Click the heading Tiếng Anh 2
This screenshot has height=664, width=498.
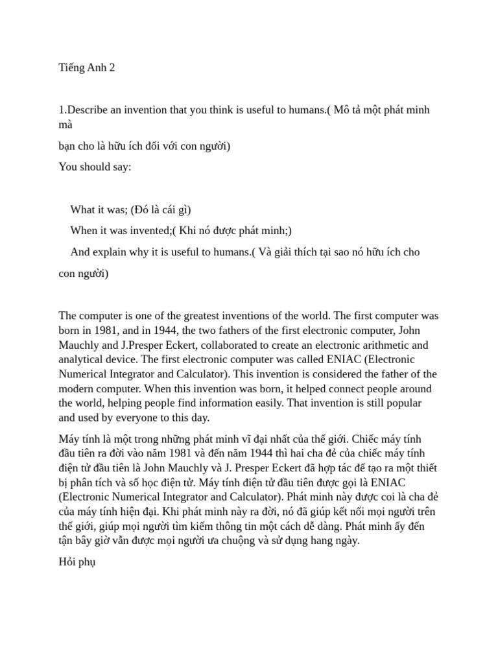pyautogui.click(x=87, y=67)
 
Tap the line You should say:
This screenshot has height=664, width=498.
pyautogui.click(x=95, y=167)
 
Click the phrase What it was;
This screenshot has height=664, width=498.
pyautogui.click(x=99, y=209)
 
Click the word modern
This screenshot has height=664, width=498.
pyautogui.click(x=77, y=388)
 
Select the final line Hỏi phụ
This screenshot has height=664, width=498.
pyautogui.click(x=77, y=562)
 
